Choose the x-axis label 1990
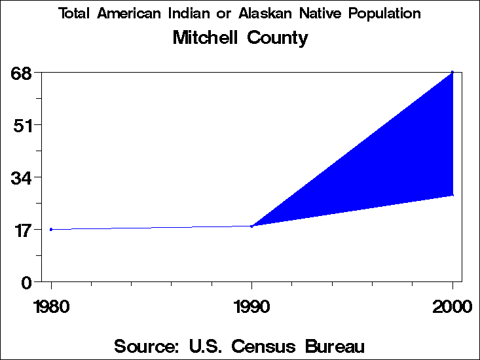[x=251, y=307]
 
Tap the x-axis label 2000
[x=452, y=307]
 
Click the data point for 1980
[x=51, y=229]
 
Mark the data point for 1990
[x=251, y=226]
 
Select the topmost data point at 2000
[x=452, y=72]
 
